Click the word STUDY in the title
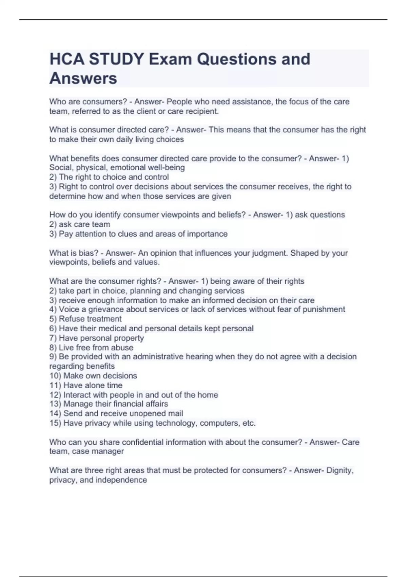(116, 59)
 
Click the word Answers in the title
(83, 78)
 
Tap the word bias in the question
(91, 253)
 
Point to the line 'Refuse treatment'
(90, 319)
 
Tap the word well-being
(167, 167)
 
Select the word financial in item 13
(128, 404)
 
